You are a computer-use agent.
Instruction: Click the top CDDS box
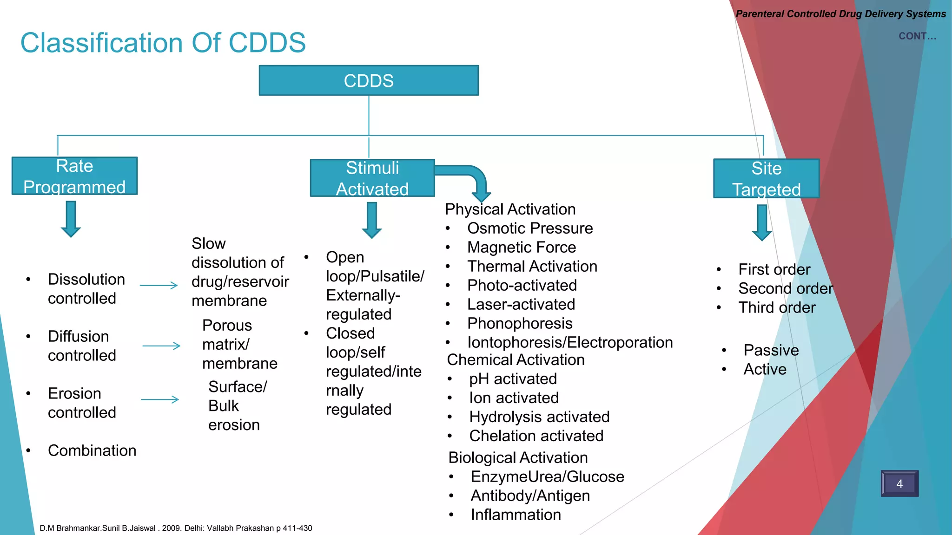369,81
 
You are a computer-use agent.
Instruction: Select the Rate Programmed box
74,176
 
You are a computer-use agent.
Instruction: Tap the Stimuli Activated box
372,178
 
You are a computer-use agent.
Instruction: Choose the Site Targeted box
766,179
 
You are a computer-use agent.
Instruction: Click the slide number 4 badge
899,483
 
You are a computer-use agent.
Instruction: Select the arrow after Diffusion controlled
161,346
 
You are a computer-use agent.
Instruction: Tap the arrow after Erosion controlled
160,399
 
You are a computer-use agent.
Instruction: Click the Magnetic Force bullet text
521,248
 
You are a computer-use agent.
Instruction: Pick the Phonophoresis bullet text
519,324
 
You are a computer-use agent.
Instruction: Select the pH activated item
512,379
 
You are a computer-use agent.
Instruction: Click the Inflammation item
516,515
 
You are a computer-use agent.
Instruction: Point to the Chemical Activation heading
516,360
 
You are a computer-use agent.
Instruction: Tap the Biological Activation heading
518,458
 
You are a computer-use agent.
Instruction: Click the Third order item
776,308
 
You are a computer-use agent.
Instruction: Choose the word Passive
771,350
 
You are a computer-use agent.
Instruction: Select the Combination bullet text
92,451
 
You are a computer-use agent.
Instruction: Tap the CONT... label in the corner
917,36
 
